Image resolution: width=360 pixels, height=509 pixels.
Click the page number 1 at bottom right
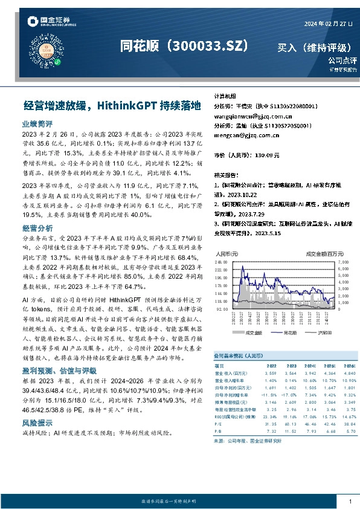tap(350, 501)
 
